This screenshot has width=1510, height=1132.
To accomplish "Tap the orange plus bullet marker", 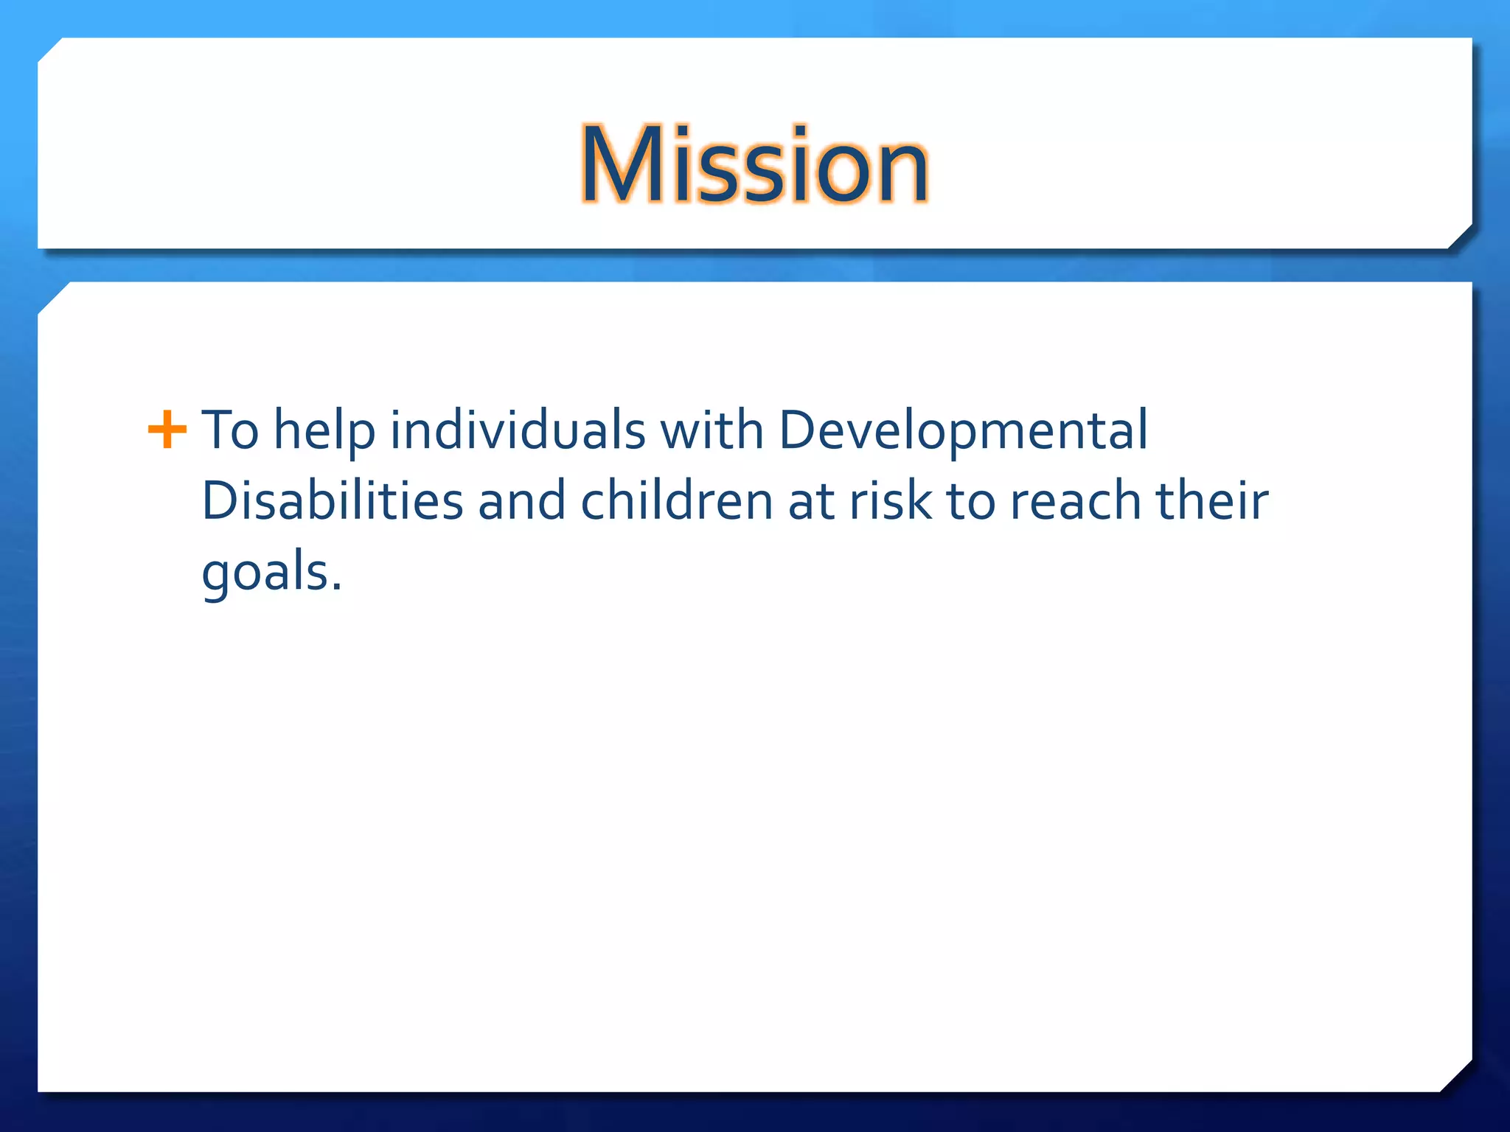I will click(167, 430).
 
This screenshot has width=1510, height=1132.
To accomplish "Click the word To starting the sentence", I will click(230, 430).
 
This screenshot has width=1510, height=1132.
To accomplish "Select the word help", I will click(324, 431).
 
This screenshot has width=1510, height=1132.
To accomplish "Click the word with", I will click(711, 430).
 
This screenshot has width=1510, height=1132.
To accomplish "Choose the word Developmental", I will click(963, 431).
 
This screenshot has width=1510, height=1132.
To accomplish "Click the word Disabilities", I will click(333, 501).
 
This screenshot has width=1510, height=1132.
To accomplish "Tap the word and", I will click(521, 501).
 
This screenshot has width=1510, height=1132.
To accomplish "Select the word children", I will click(676, 501).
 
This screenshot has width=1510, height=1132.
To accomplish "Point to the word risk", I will click(891, 501).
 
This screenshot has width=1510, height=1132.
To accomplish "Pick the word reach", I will click(1075, 501).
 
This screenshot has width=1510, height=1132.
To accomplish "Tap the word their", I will click(1211, 501).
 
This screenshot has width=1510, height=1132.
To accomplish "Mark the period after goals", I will click(337, 587).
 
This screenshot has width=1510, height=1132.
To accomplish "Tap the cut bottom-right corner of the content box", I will click(1455, 1075).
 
